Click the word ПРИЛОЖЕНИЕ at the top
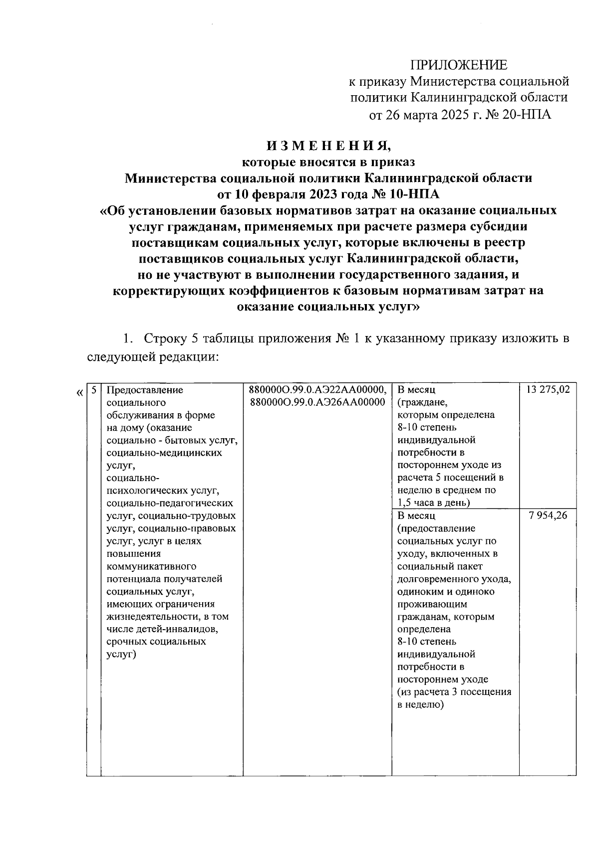[x=458, y=65]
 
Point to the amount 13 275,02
[x=547, y=390]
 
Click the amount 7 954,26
[x=547, y=515]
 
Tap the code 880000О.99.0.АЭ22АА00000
[x=317, y=390]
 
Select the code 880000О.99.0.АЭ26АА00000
[x=317, y=402]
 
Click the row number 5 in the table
[x=93, y=390]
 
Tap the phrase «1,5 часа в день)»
[x=434, y=503]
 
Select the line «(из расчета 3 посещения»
[x=454, y=692]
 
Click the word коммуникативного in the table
[x=151, y=566]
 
